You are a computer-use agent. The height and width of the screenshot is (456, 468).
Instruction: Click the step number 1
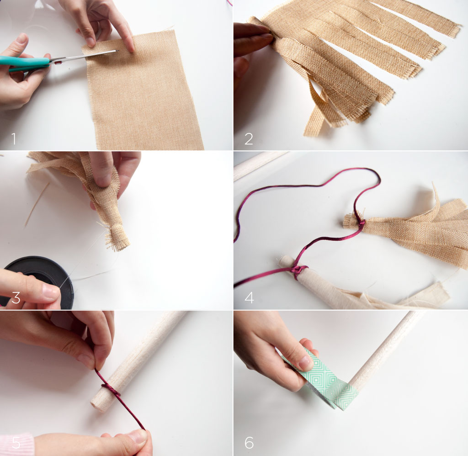14,139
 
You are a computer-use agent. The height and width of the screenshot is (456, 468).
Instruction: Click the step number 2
249,139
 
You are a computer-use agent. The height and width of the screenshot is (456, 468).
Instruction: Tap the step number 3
16,297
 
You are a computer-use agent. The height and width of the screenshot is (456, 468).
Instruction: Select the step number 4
249,297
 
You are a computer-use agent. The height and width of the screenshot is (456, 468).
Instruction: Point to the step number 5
16,443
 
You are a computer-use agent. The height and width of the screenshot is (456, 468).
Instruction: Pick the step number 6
249,443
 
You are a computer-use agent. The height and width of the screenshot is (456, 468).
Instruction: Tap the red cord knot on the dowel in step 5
111,390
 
